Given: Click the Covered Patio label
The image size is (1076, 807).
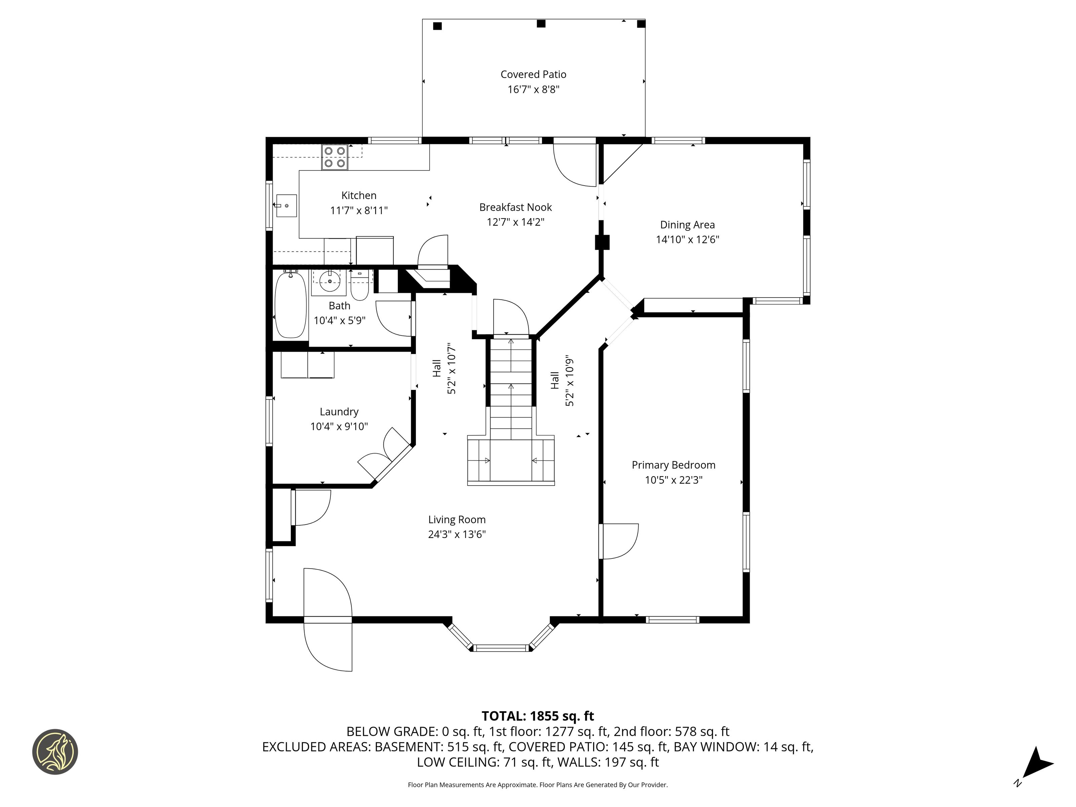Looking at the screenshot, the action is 533,74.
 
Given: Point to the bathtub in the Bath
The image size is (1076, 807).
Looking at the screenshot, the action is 291,305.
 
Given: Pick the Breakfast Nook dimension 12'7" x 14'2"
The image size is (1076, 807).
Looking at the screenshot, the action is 515,222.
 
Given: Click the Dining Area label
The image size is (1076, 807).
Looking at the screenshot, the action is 687,225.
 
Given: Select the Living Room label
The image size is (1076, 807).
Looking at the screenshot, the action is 457,520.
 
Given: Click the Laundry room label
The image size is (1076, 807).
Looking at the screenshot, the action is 339,412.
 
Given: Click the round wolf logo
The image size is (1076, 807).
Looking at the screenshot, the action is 55,752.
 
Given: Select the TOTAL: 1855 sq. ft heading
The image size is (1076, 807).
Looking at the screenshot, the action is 538,716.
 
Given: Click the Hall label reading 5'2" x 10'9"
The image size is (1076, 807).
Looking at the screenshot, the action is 562,382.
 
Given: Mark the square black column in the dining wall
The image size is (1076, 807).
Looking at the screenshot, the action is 602,242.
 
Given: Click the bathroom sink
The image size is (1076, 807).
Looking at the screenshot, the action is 330,282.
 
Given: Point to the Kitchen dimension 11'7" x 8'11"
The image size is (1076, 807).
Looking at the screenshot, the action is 359,210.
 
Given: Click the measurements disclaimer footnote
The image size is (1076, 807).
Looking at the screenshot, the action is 538,784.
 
